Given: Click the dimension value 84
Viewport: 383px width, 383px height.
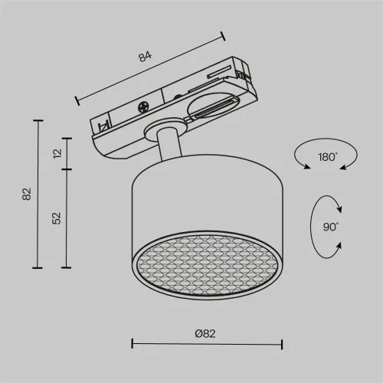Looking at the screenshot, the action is tap(145, 57).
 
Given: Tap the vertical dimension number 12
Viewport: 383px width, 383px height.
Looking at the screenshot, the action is tap(57, 153).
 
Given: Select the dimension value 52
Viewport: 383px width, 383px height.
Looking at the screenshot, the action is tap(57, 218).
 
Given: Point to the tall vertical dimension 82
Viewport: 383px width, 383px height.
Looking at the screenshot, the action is tap(27, 194).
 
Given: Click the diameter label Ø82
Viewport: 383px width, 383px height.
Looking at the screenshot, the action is tap(205, 334).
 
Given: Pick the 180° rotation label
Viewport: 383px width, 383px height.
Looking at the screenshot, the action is tap(328, 157).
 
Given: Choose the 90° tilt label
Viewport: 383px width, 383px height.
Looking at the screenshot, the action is tap(331, 227).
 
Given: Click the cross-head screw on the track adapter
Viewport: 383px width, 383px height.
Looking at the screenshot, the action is tap(143, 107).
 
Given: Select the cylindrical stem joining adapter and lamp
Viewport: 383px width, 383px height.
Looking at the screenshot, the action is tap(169, 144).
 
